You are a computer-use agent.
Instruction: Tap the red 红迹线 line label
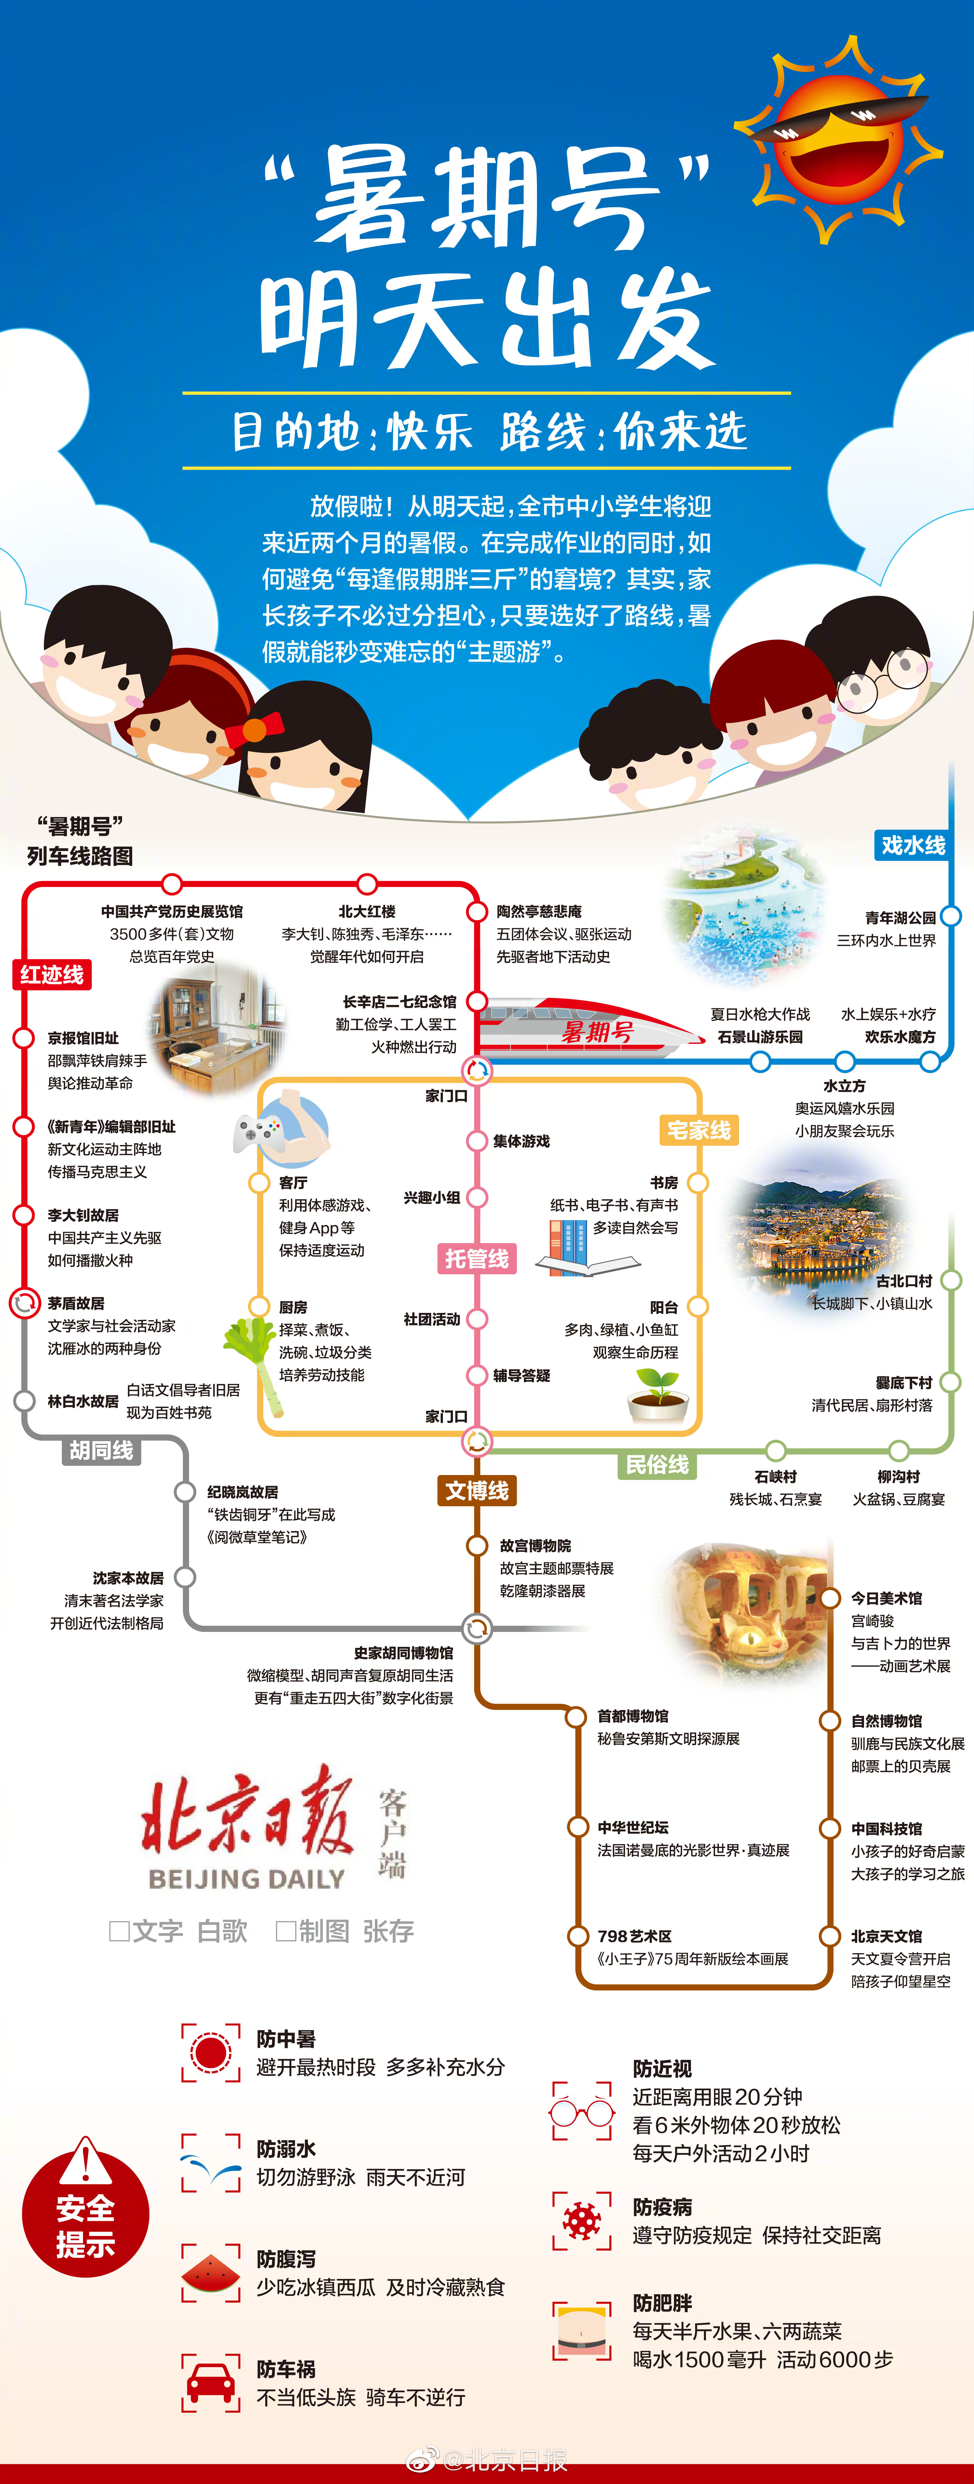point(52,974)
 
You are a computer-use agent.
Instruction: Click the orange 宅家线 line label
point(698,1130)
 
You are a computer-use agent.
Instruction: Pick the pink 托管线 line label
point(476,1258)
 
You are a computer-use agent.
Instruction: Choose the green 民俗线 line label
point(657,1465)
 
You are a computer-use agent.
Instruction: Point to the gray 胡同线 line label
point(101,1450)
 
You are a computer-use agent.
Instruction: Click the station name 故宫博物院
point(535,1546)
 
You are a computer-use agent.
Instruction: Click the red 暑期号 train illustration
point(588,1030)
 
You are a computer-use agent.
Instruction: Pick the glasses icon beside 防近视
point(582,2112)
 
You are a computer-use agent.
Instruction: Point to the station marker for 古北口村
point(951,1281)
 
